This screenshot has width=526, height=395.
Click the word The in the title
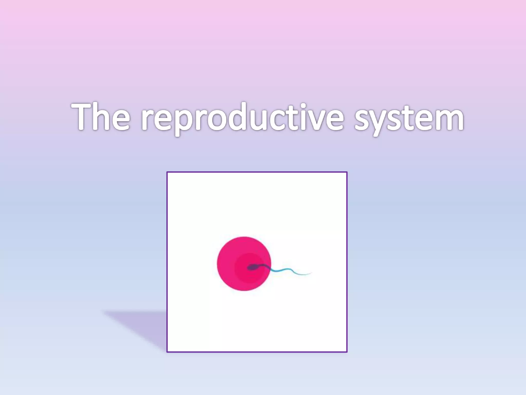[x=100, y=117]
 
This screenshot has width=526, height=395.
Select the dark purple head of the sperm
[x=252, y=267]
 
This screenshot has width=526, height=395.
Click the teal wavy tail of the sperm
[x=285, y=270]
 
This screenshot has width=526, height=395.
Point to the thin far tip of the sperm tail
[x=310, y=273]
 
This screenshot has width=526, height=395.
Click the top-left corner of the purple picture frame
[x=167, y=172]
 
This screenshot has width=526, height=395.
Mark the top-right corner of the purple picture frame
[x=347, y=172]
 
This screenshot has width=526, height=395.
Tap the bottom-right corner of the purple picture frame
[x=347, y=352]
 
